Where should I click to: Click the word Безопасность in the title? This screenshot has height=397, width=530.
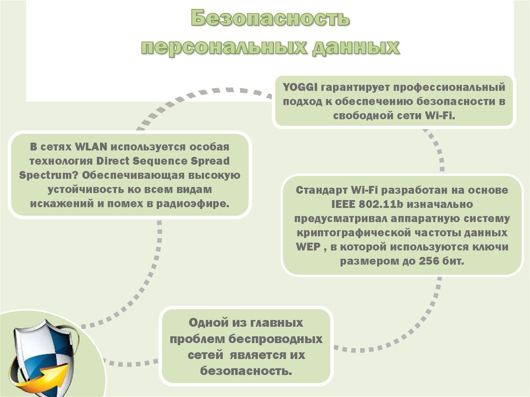[270, 18]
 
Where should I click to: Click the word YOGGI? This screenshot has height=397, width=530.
[300, 87]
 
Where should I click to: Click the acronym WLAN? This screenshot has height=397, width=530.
[91, 147]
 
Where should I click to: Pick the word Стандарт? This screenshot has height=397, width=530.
[321, 190]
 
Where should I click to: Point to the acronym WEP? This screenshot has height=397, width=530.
[308, 247]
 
